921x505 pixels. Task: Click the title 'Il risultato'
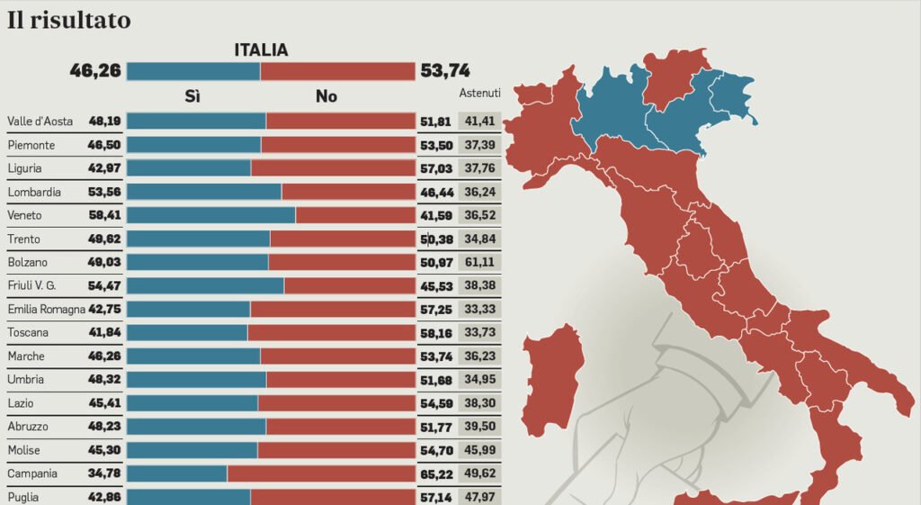coord(69,20)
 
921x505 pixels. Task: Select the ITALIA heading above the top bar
coord(261,50)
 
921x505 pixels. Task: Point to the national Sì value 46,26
coord(95,71)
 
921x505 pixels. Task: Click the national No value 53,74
coord(444,71)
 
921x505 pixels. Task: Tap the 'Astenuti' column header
coord(479,94)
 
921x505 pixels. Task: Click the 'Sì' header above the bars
coord(192,97)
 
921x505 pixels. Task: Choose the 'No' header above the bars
coord(326,97)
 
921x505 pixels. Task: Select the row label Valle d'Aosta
coord(40,122)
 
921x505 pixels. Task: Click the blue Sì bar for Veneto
coord(211,215)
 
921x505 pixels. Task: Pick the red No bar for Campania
coord(321,473)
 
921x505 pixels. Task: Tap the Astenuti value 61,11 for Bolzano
coord(478,262)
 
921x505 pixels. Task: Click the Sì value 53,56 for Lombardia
coord(104,192)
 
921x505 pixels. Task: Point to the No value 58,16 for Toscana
coord(436,332)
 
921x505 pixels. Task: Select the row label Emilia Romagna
coord(45,309)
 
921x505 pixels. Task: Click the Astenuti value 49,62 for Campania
coord(478,473)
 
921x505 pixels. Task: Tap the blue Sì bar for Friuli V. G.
coord(205,285)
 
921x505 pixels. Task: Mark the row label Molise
coord(24,449)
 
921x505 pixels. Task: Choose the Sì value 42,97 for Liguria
coord(104,168)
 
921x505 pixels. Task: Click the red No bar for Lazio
coord(336,402)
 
